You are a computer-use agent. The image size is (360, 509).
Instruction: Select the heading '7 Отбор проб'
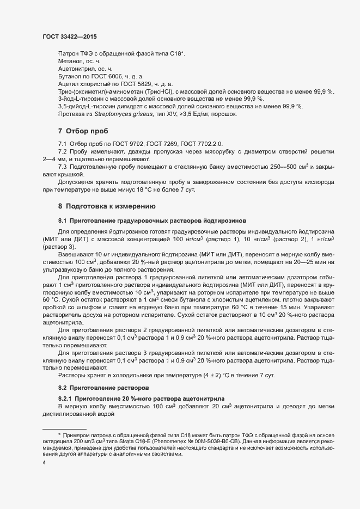[83, 131]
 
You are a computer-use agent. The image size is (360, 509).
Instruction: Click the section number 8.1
[63, 220]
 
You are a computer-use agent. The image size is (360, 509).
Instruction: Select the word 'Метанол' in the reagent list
[69, 62]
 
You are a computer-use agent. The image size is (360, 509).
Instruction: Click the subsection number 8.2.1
[66, 399]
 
